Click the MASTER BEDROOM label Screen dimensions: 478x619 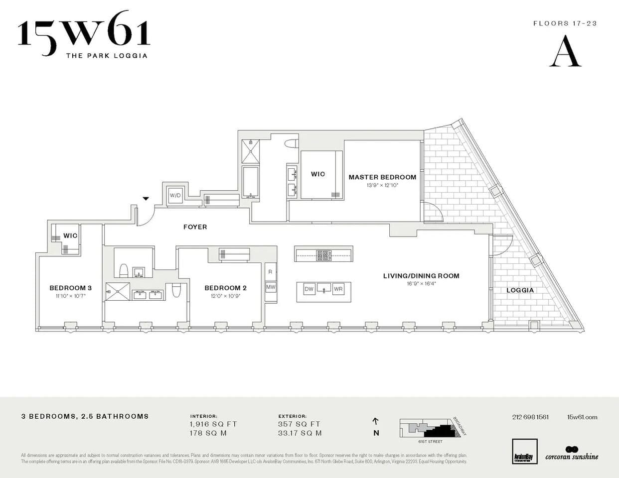click(x=382, y=177)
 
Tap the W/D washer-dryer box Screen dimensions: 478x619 click(x=175, y=195)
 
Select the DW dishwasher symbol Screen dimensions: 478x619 click(x=309, y=289)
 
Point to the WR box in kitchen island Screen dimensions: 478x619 click(x=338, y=289)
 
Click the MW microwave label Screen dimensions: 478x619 click(x=271, y=287)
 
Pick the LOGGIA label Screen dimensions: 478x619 click(x=520, y=290)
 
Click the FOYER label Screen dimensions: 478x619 click(x=195, y=227)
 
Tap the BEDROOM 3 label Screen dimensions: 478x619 click(x=70, y=288)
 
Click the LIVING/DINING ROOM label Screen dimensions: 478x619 click(x=421, y=276)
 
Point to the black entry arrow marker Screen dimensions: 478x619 click(x=146, y=199)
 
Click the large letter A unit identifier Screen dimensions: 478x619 click(x=565, y=52)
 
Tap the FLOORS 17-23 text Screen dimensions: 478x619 click(x=565, y=23)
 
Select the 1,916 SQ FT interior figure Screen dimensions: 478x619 click(x=213, y=424)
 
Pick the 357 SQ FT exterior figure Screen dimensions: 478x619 click(x=299, y=424)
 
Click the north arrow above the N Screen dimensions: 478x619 click(x=376, y=421)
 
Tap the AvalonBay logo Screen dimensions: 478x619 click(x=525, y=452)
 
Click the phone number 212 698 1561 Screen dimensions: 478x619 click(x=530, y=417)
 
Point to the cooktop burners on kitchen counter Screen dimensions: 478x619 click(x=323, y=255)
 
